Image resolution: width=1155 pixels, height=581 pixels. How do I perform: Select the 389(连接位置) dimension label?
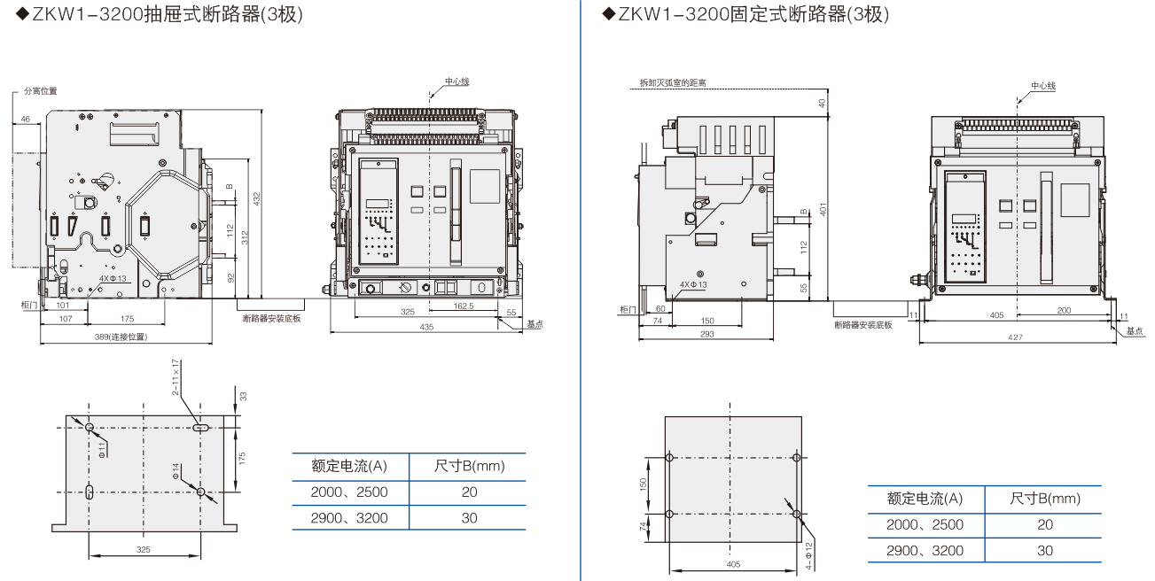click(121, 337)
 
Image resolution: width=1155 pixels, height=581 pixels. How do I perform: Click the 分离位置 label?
click(40, 91)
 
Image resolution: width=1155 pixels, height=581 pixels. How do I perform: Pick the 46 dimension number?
click(25, 118)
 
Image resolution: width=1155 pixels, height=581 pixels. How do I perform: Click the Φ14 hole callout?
click(176, 472)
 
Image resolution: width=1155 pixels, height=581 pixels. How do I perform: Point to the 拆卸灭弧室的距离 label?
click(673, 82)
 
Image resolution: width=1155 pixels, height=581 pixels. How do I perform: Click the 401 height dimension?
click(823, 210)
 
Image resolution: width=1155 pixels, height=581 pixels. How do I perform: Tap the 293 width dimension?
click(706, 334)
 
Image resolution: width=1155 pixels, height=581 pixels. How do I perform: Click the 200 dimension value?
click(1064, 311)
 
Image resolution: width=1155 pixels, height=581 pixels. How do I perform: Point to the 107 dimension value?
click(65, 318)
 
